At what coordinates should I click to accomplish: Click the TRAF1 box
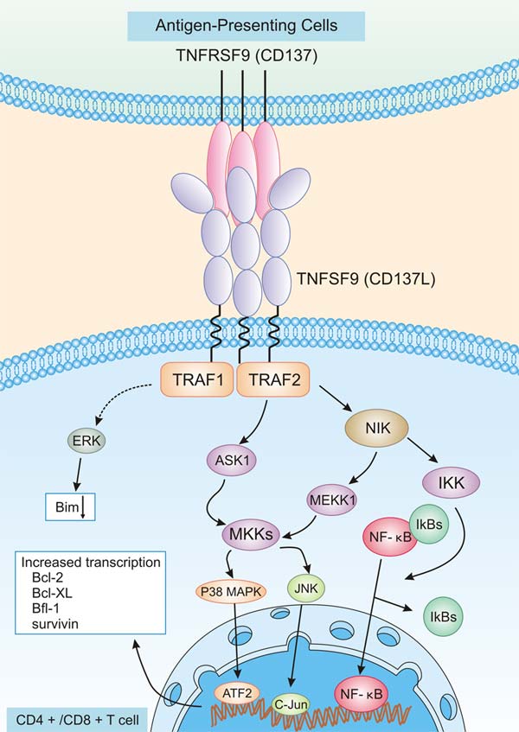(x=196, y=379)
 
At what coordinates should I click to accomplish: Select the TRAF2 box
(x=273, y=379)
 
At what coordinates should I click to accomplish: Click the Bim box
(x=69, y=506)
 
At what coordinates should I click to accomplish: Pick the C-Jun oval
(x=292, y=704)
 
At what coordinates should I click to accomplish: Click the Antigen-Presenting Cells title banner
(x=259, y=27)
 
